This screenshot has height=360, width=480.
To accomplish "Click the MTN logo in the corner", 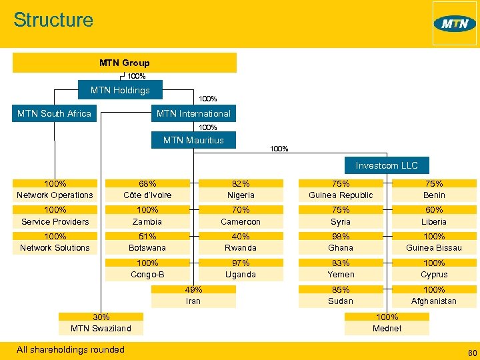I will (455, 24).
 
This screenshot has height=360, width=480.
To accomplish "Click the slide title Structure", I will (53, 20).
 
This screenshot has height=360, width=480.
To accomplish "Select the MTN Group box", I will (125, 63).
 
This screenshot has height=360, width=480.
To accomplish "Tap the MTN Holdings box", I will (121, 90).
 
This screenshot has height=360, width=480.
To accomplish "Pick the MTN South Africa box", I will (54, 113).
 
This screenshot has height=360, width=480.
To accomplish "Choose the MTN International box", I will (193, 113).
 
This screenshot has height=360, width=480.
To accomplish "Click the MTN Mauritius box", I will (193, 140).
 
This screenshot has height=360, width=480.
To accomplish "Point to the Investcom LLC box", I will (387, 165).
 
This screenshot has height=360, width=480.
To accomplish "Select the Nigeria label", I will (241, 195).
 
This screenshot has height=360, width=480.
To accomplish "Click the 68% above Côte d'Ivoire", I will (147, 183).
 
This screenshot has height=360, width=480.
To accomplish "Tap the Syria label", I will (341, 221).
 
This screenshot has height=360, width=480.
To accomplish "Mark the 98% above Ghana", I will (341, 236).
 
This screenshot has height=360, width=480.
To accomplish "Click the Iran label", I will (193, 301).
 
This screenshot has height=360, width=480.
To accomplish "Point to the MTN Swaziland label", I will (101, 328).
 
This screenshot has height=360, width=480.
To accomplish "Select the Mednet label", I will (387, 328).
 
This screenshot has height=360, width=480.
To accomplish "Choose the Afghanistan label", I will (434, 301).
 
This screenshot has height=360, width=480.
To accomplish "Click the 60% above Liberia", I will (434, 209).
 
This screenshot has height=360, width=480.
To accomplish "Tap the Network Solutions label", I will (55, 247).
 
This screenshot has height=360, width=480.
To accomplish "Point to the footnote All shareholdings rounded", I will (71, 349).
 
